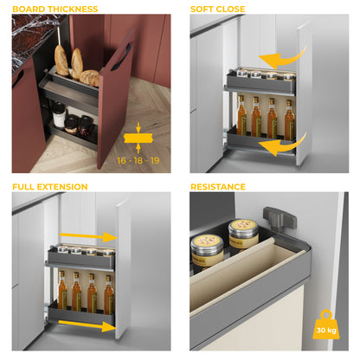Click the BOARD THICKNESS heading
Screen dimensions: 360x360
tap(54, 10)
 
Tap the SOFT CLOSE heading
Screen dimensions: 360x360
tap(218, 10)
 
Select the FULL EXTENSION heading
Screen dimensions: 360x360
tap(49, 186)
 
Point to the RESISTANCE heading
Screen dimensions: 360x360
tap(218, 186)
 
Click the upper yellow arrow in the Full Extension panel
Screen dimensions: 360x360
tap(91, 235)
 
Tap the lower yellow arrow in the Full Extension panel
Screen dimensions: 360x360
tap(91, 326)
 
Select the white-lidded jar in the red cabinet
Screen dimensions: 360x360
tap(60, 113)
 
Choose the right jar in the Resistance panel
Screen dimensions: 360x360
tap(243, 235)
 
